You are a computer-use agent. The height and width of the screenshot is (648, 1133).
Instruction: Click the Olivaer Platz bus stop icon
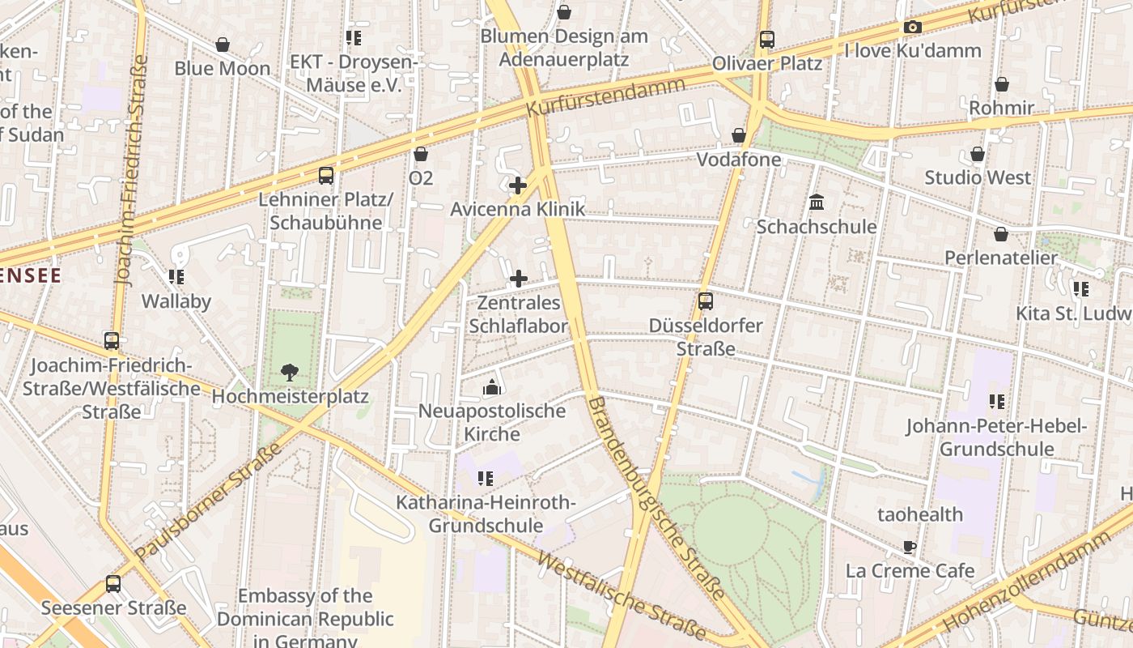pyautogui.click(x=766, y=39)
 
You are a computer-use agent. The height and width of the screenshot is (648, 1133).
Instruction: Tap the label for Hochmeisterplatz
pyautogui.click(x=290, y=397)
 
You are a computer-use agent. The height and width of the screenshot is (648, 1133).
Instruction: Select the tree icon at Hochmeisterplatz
pyautogui.click(x=289, y=373)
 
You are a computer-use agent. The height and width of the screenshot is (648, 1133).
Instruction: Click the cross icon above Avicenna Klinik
pyautogui.click(x=518, y=185)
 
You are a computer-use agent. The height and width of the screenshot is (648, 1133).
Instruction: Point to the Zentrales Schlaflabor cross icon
pyautogui.click(x=518, y=279)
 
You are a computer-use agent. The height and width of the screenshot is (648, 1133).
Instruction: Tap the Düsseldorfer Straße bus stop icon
pyautogui.click(x=706, y=301)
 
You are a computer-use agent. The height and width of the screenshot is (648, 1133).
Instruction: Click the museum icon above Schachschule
pyautogui.click(x=816, y=202)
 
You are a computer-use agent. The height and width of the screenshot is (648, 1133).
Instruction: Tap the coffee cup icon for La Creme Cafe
pyautogui.click(x=910, y=547)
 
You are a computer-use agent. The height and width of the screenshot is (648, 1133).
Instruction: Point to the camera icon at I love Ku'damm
pyautogui.click(x=913, y=27)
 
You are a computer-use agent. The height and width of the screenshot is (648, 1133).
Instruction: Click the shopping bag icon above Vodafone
pyautogui.click(x=739, y=135)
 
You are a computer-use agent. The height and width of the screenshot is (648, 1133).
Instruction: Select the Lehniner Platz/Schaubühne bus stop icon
pyautogui.click(x=325, y=175)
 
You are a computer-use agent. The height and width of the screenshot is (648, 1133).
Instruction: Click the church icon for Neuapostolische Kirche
pyautogui.click(x=491, y=387)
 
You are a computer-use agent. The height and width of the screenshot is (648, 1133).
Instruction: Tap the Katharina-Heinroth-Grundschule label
pyautogui.click(x=486, y=514)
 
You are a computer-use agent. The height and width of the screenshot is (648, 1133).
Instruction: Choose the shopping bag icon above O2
pyautogui.click(x=421, y=154)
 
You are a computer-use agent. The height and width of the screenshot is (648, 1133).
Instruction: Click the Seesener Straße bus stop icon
pyautogui.click(x=113, y=584)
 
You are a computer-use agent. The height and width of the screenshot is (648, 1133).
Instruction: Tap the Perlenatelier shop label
pyautogui.click(x=1001, y=258)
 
